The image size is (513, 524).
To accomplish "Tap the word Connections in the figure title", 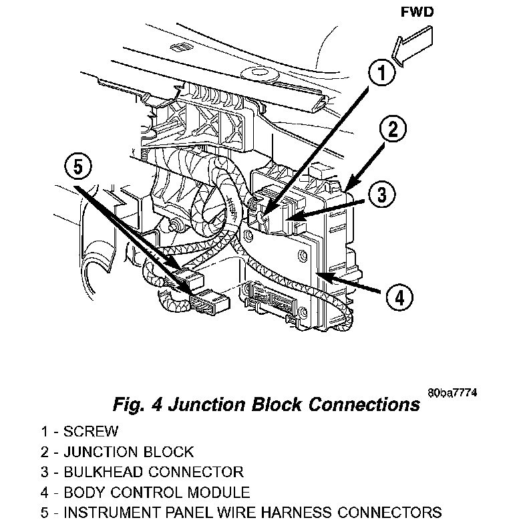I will point(360,404).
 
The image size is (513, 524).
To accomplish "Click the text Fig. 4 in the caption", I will point(131,404).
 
